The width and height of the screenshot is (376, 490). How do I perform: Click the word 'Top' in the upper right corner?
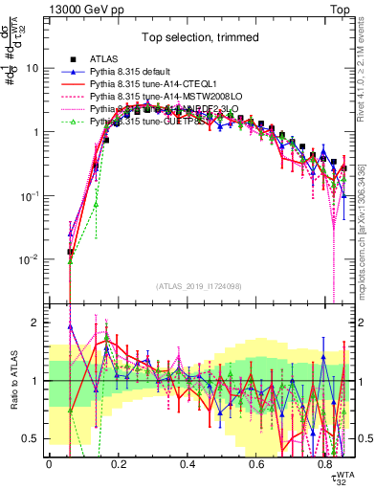(343, 9)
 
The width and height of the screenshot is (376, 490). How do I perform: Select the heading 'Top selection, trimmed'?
(197, 39)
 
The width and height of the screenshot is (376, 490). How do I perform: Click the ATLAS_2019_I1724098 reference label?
(198, 286)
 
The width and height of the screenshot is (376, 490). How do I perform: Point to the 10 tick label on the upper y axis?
(33, 68)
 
